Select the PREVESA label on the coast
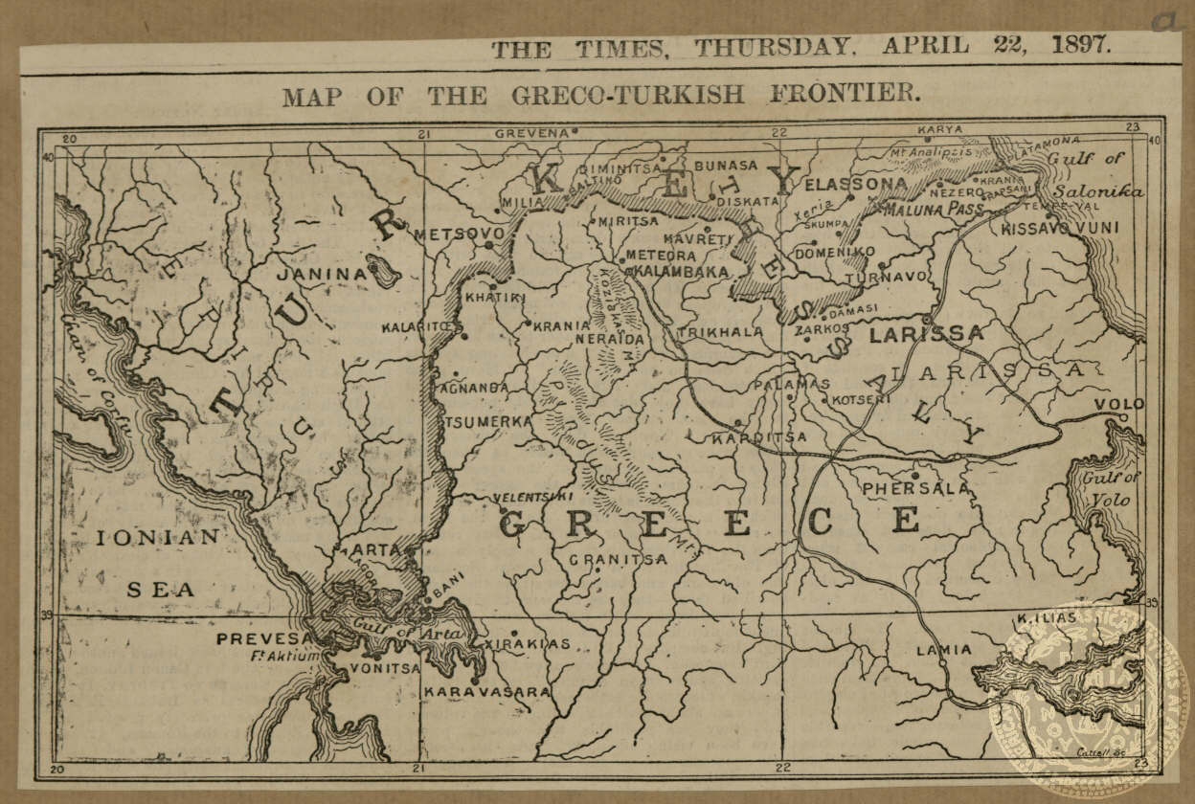(264, 638)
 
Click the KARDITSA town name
(759, 437)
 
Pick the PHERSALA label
(915, 488)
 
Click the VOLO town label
(1118, 404)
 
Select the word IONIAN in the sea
(158, 538)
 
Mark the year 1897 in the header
(1080, 46)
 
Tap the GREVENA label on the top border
(531, 133)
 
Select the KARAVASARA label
(487, 691)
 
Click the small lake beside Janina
(384, 271)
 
